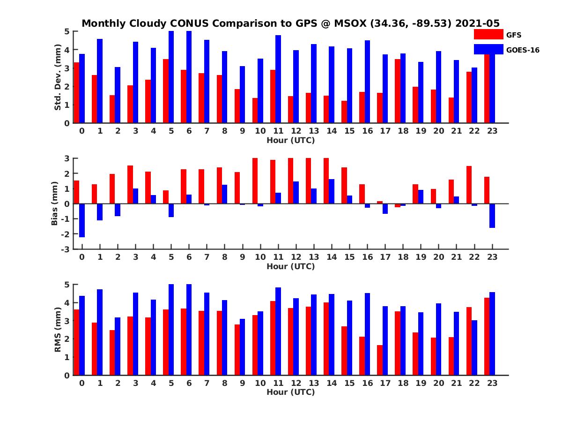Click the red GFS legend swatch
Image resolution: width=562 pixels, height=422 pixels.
pos(488,34)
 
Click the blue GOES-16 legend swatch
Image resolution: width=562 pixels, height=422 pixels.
pos(488,49)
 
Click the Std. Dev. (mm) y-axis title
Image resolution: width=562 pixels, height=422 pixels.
pos(58,77)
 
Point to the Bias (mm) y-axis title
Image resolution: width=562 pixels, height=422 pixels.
pos(54,203)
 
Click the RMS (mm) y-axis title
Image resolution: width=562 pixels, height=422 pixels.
pos(58,330)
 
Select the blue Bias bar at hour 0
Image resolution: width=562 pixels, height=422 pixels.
pos(82,220)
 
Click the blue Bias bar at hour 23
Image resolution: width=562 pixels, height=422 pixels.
pos(492,216)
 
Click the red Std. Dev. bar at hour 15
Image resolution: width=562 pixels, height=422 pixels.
pos(344,112)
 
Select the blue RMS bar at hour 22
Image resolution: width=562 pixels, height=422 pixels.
pos(474,347)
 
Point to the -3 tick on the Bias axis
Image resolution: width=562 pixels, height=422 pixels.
pos(67,249)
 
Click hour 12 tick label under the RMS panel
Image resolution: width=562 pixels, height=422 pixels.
pos(296,383)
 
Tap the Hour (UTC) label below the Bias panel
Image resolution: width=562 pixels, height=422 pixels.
pos(290,266)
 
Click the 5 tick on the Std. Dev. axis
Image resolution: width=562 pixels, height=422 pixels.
pos(67,31)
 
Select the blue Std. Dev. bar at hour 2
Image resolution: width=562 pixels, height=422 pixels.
pos(118,95)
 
